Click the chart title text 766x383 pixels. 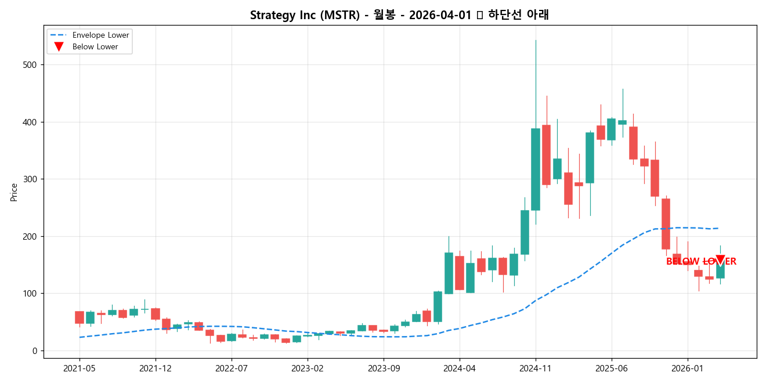pos(399,15)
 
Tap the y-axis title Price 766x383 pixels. pos(14,192)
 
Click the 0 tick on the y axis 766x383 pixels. pos(35,351)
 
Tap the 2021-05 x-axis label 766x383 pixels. pos(80,368)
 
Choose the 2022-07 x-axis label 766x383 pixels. pos(232,368)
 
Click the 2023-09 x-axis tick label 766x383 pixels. pos(384,368)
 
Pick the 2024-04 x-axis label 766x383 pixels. pos(460,368)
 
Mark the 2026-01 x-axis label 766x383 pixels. pos(688,368)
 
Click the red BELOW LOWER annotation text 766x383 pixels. pos(701,262)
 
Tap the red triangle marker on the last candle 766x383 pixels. pos(720,260)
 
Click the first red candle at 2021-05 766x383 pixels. pos(80,317)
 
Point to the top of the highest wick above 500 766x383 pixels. pos(536,41)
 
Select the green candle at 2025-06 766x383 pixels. pos(612,129)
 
